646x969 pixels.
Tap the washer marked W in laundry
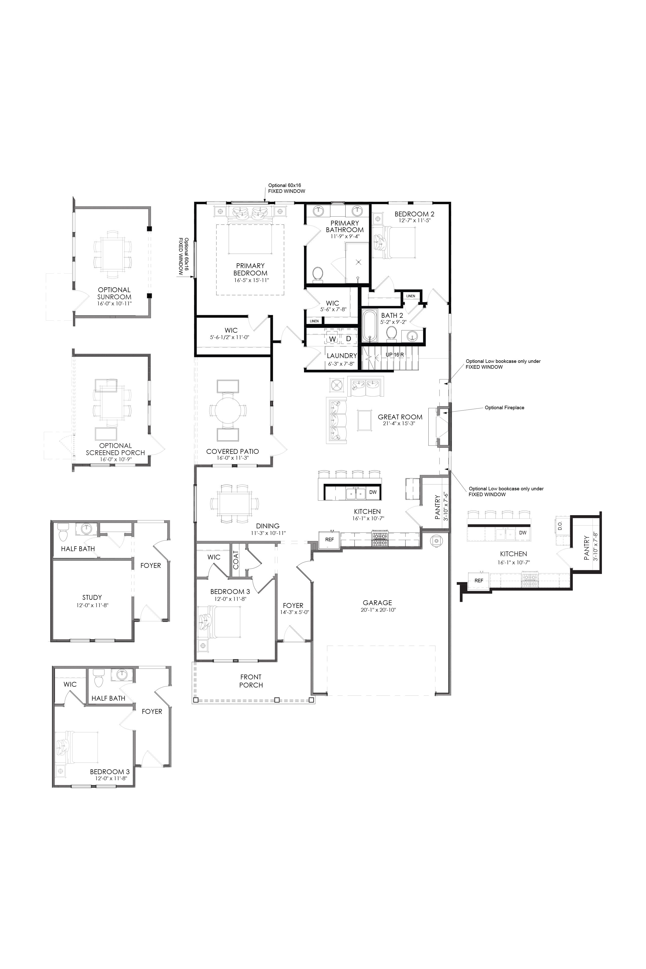click(332, 339)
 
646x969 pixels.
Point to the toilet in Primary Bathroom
click(318, 275)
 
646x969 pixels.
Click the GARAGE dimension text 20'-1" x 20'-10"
click(378, 610)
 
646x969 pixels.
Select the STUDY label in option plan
click(92, 597)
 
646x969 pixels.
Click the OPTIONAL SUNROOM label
click(114, 293)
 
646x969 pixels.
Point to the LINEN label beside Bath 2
click(410, 296)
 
